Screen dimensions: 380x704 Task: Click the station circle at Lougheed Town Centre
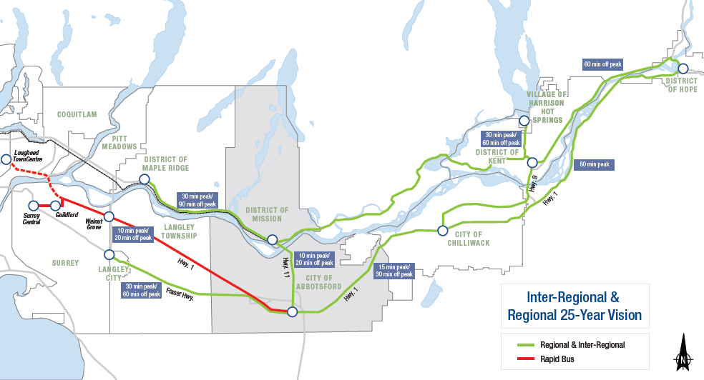(6, 159)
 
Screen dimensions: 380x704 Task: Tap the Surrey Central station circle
(33, 206)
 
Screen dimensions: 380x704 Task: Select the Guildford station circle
(55, 206)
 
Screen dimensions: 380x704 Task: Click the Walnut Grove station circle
(109, 216)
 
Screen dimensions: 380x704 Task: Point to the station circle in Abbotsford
(292, 311)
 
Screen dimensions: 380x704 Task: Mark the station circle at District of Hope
(683, 69)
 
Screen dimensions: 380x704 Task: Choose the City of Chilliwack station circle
(443, 230)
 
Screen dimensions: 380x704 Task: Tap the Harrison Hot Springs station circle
(524, 121)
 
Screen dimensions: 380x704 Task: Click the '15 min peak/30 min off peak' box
(395, 270)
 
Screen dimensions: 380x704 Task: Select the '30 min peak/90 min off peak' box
(196, 201)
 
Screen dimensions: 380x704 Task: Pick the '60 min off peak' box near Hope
(602, 64)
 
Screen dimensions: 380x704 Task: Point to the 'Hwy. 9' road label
(533, 184)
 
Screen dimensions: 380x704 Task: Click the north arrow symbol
(684, 351)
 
